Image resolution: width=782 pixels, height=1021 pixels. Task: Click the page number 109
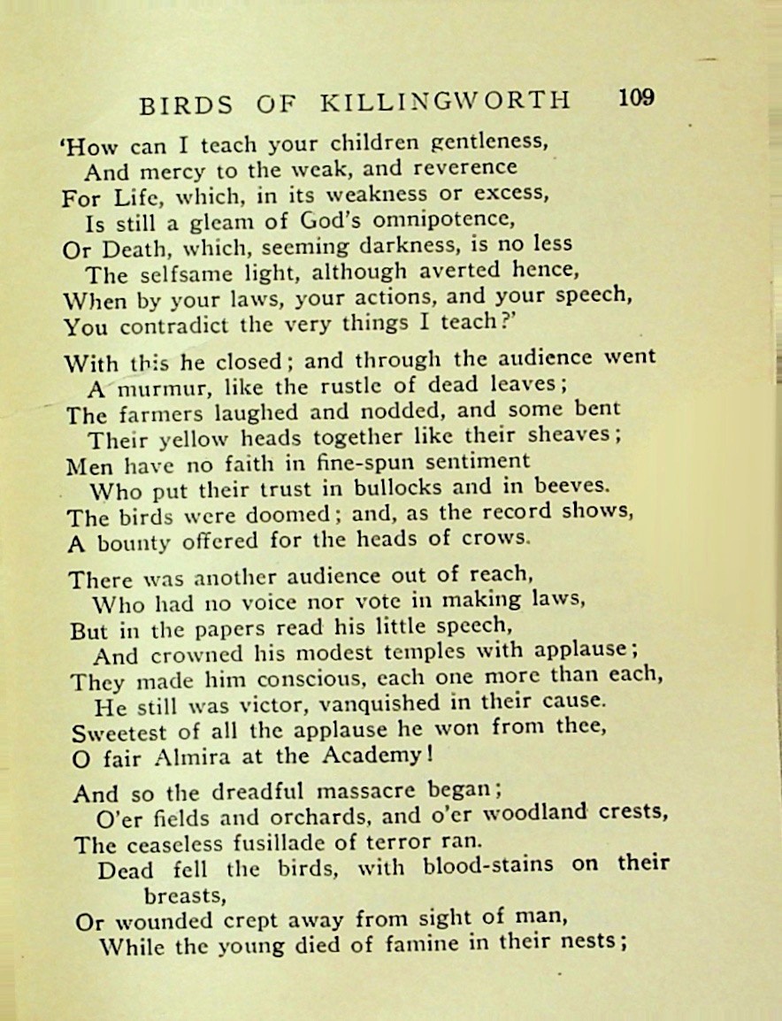point(637,97)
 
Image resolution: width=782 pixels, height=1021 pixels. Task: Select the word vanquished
point(373,705)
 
